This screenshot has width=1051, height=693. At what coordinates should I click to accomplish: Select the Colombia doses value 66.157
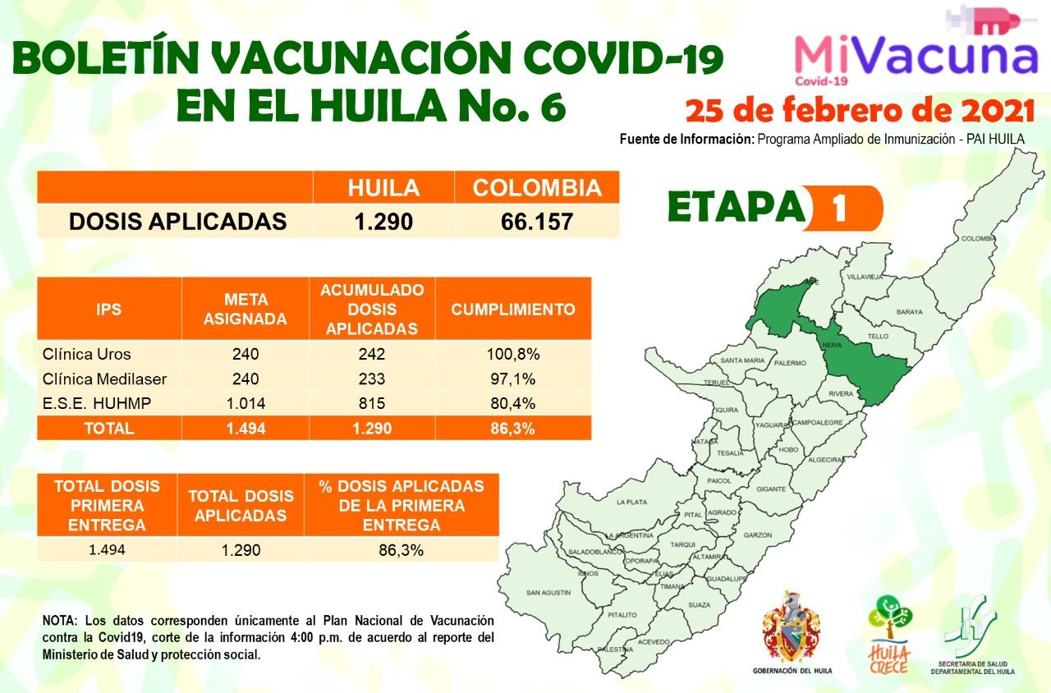[536, 222]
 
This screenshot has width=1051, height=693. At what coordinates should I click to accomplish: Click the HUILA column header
[383, 188]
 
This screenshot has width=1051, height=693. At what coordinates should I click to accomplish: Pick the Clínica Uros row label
[86, 355]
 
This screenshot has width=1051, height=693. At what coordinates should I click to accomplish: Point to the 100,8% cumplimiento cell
[512, 355]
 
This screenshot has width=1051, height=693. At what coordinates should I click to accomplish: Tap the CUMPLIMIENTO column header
[512, 310]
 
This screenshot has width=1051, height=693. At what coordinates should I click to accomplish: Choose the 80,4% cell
[512, 403]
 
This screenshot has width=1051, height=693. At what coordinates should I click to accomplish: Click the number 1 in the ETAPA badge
[838, 209]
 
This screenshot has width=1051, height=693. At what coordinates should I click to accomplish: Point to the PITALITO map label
[622, 614]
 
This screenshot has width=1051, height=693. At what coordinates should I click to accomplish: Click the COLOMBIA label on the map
[978, 239]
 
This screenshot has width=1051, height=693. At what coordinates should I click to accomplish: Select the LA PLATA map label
[632, 501]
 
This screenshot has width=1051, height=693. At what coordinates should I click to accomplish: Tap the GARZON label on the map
[757, 535]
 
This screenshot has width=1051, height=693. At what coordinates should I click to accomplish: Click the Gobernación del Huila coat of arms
[792, 629]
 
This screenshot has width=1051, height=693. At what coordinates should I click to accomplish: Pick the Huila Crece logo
[888, 632]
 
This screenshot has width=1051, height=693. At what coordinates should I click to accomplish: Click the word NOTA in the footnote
[59, 620]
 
